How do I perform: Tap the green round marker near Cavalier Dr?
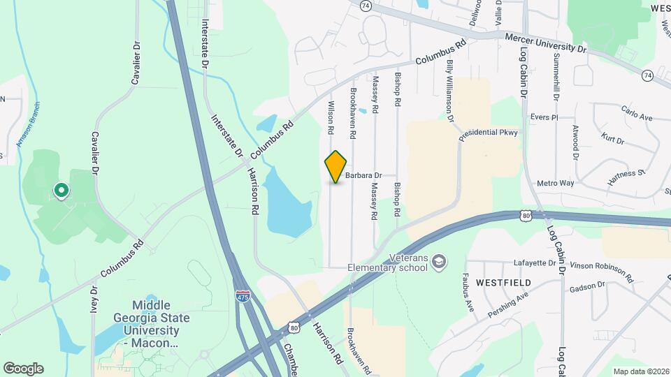[x=61, y=189]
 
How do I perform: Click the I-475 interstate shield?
[x=243, y=297]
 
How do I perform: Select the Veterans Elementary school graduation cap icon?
[x=438, y=261]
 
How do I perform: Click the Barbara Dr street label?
[x=363, y=176]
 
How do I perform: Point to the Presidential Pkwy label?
[x=489, y=132]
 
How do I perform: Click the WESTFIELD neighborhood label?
[x=503, y=283]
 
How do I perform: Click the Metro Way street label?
[x=555, y=183]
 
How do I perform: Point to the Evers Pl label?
[x=544, y=117]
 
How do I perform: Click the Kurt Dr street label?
[x=612, y=138]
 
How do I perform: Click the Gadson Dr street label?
[x=586, y=286]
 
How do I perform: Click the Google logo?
[x=23, y=369]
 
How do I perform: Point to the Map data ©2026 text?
[x=640, y=371]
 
